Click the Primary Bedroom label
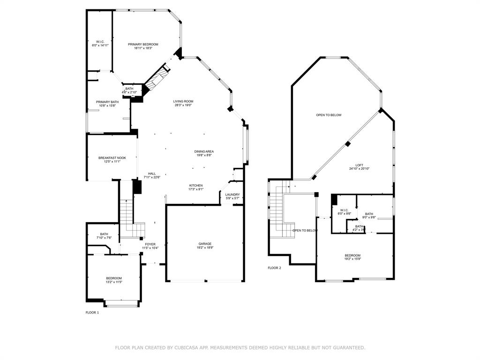143,46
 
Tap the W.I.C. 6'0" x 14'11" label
99,44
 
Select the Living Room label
183,103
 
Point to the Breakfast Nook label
112,159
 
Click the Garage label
205,246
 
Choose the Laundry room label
232,196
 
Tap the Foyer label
150,246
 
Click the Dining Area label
204,153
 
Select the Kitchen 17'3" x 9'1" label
196,187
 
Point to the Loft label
359,167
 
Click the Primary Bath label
107,104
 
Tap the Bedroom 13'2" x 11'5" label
113,280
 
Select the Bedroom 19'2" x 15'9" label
352,257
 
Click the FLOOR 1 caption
92,312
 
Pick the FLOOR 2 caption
274,268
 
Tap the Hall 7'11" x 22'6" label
152,175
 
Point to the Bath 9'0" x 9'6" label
369,216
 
